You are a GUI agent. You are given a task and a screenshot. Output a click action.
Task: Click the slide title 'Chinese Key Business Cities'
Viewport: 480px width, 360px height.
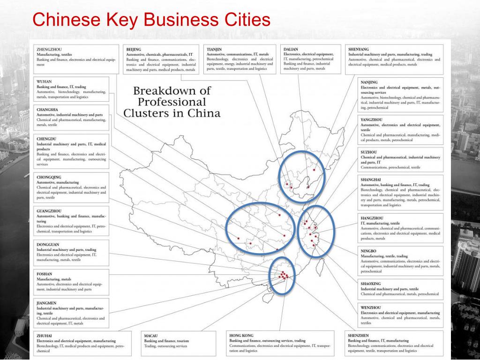click(152, 20)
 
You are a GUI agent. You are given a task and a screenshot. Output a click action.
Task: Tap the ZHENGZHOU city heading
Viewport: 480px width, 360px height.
click(49, 49)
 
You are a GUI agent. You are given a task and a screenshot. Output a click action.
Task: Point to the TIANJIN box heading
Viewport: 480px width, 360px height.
click(214, 49)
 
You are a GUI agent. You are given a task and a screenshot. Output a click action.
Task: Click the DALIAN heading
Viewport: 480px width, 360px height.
click(291, 49)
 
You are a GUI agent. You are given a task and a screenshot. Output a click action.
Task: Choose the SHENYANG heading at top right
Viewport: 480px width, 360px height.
click(359, 49)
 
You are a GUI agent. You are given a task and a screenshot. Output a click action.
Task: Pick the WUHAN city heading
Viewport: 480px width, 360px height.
click(44, 82)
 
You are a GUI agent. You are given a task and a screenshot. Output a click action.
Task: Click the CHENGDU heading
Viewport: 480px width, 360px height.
click(46, 139)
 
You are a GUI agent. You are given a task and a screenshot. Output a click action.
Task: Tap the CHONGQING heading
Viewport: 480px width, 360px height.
click(49, 177)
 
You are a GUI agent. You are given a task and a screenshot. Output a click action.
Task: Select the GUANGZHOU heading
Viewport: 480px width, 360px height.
click(49, 211)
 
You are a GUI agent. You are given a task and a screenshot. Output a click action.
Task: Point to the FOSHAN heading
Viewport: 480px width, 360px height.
click(45, 274)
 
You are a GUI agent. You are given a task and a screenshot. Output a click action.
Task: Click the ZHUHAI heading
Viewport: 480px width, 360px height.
click(44, 336)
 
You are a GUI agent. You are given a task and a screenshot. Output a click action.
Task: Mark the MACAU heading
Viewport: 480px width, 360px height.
click(150, 336)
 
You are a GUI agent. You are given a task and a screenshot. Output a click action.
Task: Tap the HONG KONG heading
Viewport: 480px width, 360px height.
click(241, 336)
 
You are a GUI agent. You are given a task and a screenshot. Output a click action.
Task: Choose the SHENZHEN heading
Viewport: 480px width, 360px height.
click(358, 336)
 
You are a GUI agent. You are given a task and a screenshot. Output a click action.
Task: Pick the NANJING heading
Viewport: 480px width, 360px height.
click(369, 82)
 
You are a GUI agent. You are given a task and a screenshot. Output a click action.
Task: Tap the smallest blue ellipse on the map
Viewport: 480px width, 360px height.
click(284, 276)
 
